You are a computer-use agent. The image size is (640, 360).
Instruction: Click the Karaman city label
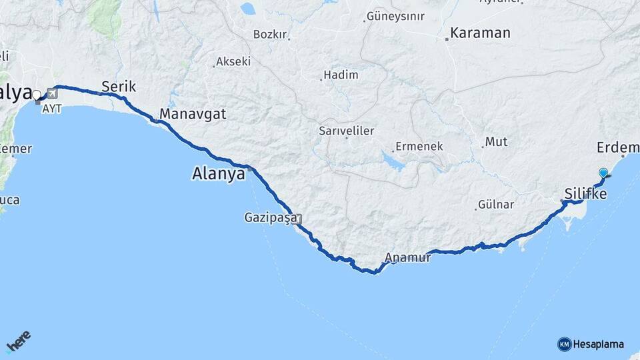click(480, 33)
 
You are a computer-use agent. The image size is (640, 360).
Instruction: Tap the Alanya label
click(219, 175)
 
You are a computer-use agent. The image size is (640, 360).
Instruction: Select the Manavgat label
click(193, 114)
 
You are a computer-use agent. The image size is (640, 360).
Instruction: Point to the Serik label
click(119, 86)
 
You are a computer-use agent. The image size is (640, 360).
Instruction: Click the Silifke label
click(585, 194)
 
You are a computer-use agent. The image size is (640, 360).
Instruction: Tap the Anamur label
click(408, 257)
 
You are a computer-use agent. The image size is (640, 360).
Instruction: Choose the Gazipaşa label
click(270, 218)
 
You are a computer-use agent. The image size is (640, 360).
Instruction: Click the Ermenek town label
click(419, 146)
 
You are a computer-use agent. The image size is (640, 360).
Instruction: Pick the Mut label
click(496, 141)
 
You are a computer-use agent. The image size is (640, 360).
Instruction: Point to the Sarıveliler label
click(346, 131)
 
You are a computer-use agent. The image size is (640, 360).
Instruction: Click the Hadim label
click(341, 75)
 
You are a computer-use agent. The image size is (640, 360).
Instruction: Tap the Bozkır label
click(269, 34)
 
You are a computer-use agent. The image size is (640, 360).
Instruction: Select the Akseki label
click(233, 61)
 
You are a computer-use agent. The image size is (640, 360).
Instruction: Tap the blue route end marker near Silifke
click(603, 173)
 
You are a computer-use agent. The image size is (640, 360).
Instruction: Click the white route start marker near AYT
click(36, 95)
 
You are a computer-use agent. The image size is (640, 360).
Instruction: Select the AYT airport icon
click(52, 93)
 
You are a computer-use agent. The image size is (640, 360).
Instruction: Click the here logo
click(19, 341)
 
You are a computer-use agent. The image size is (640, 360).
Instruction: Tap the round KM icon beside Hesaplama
click(564, 344)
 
